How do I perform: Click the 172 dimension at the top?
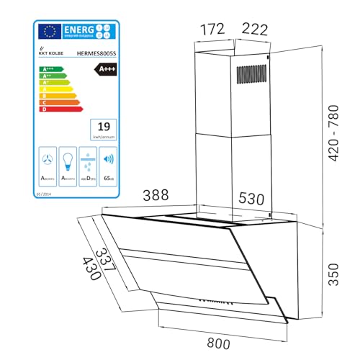pyautogui.click(x=212, y=30)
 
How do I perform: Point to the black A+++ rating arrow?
pyautogui.click(x=106, y=69)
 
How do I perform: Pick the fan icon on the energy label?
pyautogui.click(x=48, y=159)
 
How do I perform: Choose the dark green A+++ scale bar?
pyautogui.click(x=48, y=68)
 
